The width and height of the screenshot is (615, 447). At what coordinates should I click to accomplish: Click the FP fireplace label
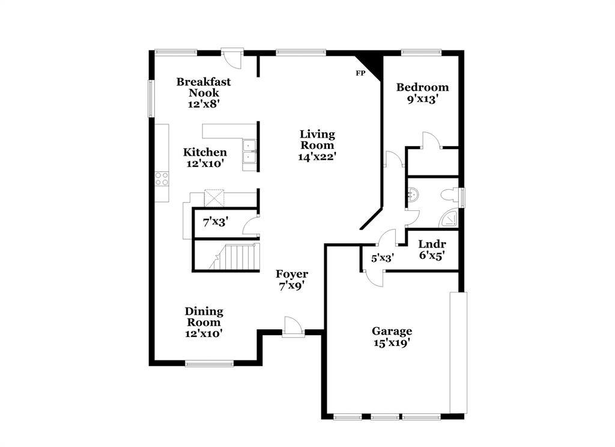[x=360, y=73]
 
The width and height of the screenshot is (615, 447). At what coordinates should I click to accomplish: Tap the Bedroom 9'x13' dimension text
[x=422, y=99]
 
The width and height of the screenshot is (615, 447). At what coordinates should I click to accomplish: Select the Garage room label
[x=392, y=331]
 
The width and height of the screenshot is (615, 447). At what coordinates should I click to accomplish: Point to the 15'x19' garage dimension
[x=392, y=343]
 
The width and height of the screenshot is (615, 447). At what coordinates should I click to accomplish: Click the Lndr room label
[x=432, y=244]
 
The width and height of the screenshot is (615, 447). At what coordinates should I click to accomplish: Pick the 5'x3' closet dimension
[x=383, y=258]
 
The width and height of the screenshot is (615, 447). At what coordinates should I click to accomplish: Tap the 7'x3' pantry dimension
[x=216, y=222]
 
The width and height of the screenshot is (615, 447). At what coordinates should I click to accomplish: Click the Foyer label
[x=292, y=273]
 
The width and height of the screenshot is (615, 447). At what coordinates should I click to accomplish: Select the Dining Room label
[x=204, y=317]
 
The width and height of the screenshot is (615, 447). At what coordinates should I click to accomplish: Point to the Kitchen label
[x=205, y=152]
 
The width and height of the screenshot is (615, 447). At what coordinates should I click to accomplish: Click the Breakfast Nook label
[x=204, y=87]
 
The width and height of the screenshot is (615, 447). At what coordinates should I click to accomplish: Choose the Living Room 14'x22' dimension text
[x=317, y=157]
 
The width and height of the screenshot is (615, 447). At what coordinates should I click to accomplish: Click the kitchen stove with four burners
[x=162, y=179]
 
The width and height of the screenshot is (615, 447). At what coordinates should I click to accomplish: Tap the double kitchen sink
[x=249, y=151]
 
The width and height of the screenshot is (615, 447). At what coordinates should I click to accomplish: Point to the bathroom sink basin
[x=413, y=194]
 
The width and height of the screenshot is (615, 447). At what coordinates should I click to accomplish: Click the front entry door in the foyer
[x=293, y=326]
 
